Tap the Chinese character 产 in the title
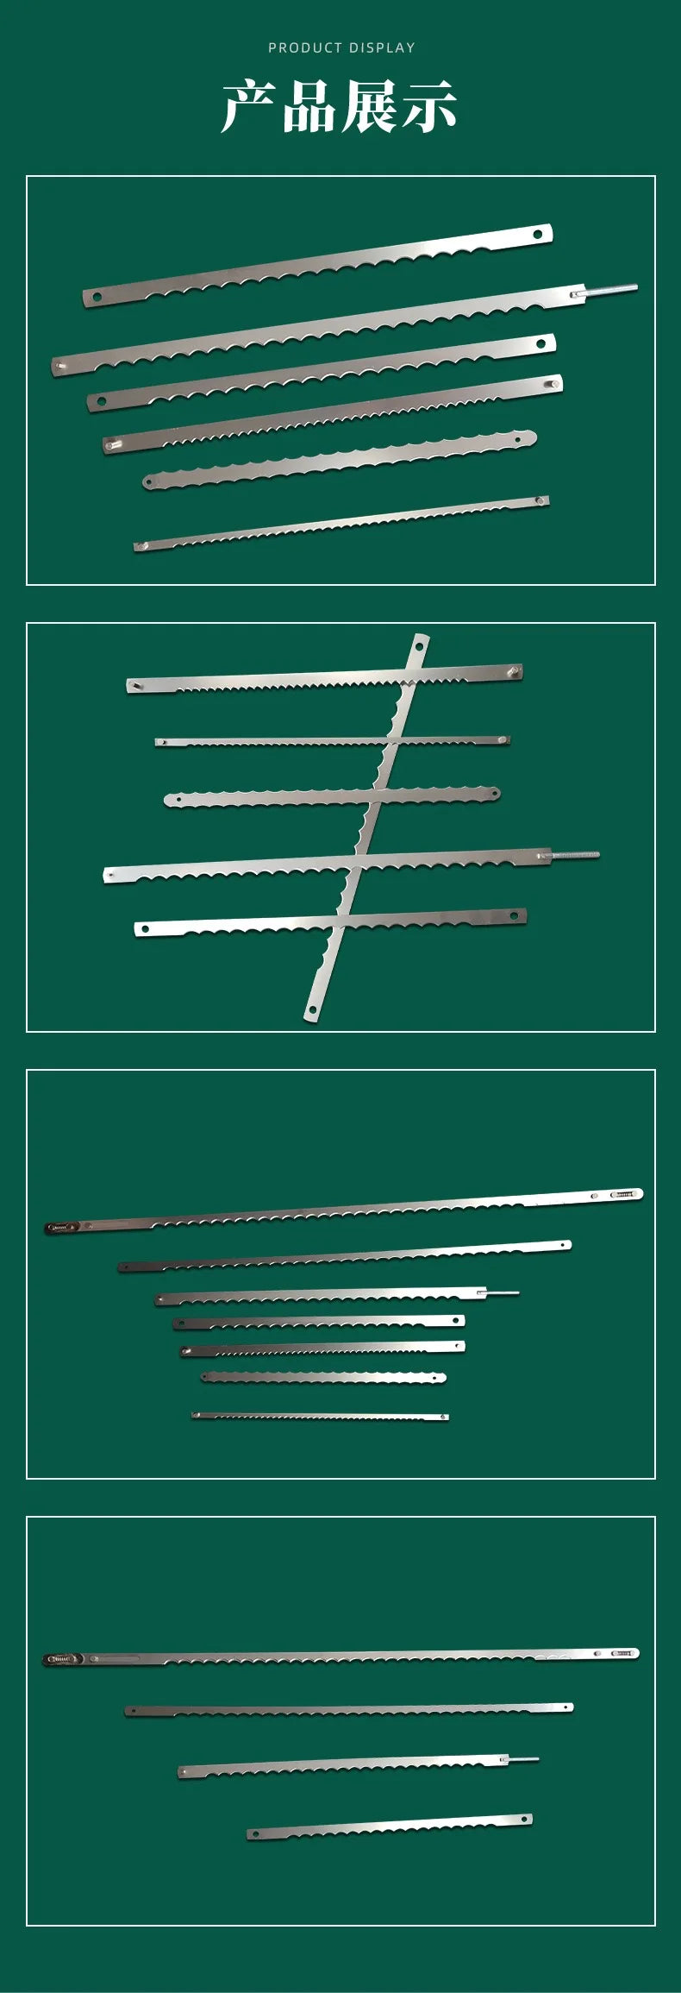click(250, 107)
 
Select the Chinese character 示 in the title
click(428, 107)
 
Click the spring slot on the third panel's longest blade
click(627, 1194)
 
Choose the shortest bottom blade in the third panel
click(320, 1416)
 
